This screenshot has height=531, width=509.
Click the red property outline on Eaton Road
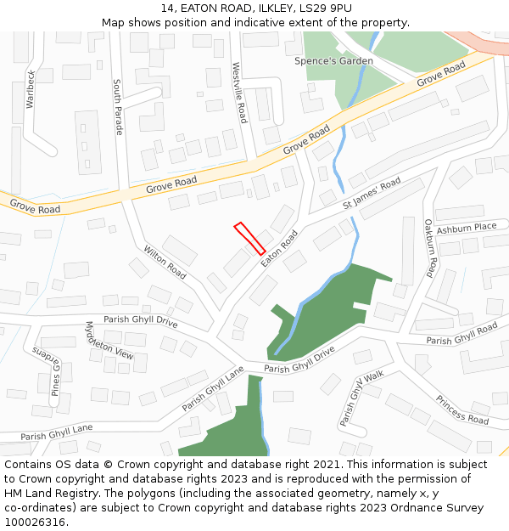249,238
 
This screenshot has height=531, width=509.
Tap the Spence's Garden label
333,61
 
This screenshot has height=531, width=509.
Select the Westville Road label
240,92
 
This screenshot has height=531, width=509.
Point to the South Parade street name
118,107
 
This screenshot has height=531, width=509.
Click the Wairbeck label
31,88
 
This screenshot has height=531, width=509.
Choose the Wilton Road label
165,263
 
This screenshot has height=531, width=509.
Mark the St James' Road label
372,195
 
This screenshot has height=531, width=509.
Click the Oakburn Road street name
430,248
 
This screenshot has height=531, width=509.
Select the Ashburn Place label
466,227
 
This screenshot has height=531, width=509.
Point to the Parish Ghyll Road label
461,335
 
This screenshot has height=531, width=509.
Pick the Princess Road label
462,410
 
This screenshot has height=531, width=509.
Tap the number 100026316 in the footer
35,523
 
